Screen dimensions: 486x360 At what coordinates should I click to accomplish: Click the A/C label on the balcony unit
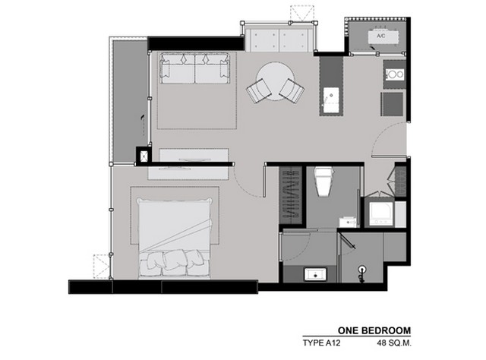coord(381,36)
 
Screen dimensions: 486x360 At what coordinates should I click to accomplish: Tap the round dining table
coord(275,81)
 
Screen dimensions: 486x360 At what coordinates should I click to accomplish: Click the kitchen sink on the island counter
coord(331,96)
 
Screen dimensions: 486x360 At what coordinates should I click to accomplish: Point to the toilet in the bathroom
coord(323,181)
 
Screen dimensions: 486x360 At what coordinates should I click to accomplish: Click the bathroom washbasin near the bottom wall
coord(316,275)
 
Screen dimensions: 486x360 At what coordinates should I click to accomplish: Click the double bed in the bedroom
coord(175,237)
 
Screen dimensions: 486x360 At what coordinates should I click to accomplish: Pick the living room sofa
coord(195,68)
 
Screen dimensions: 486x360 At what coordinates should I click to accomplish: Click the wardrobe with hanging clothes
coord(291,194)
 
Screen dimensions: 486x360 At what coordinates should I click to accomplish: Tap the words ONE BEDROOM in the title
coord(374,330)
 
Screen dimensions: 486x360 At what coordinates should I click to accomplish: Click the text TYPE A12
coord(321,343)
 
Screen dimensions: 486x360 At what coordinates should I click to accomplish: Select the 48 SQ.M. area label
coord(394,343)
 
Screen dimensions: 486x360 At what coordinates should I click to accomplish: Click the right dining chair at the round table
coord(292,90)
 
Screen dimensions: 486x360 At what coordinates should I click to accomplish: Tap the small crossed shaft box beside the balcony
coord(144,156)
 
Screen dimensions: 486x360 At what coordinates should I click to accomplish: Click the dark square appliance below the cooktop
coord(393,104)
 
